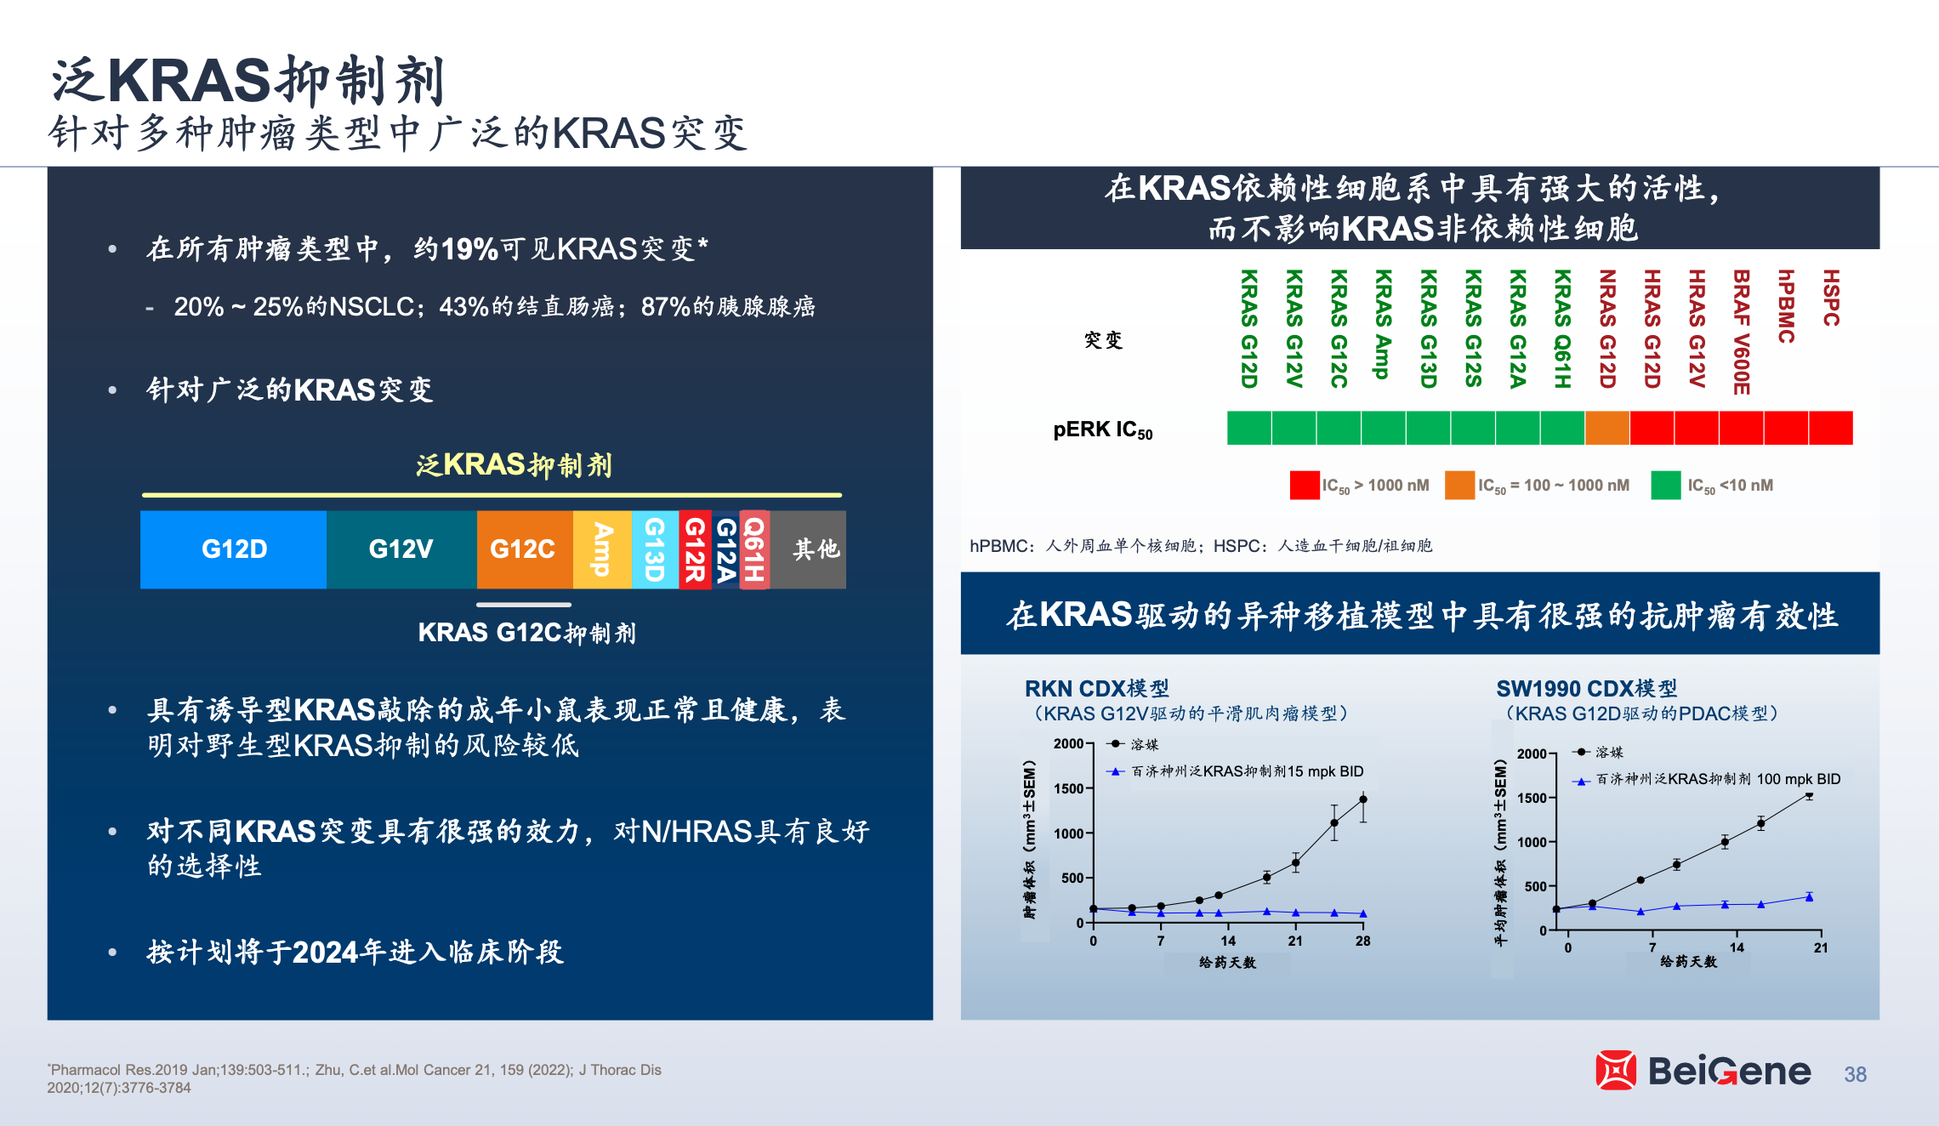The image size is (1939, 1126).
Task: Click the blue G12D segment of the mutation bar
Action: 233,549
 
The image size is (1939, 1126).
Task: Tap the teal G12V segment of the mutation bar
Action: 401,549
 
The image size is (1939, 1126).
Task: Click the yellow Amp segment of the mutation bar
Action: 602,549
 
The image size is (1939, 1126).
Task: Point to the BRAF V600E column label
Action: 1741,333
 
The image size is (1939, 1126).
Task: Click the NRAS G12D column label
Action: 1606,329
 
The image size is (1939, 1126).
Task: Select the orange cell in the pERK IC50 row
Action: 1607,428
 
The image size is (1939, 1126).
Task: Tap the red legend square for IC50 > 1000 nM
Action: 1305,485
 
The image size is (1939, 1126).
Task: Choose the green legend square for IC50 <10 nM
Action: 1666,485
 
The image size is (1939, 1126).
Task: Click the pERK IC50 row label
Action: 1103,430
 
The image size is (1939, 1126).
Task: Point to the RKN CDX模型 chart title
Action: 1097,688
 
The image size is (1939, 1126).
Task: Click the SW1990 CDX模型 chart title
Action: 1587,688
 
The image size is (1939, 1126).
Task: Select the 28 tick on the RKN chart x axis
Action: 1362,941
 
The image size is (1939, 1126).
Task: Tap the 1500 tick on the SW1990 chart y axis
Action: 1532,798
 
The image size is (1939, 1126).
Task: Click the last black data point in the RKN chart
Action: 1363,799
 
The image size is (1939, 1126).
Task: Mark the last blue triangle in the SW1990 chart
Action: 1809,896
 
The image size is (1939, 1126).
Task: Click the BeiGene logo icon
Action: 1616,1070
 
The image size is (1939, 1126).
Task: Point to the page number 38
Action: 1855,1074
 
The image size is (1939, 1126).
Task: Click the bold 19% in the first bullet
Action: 469,249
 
